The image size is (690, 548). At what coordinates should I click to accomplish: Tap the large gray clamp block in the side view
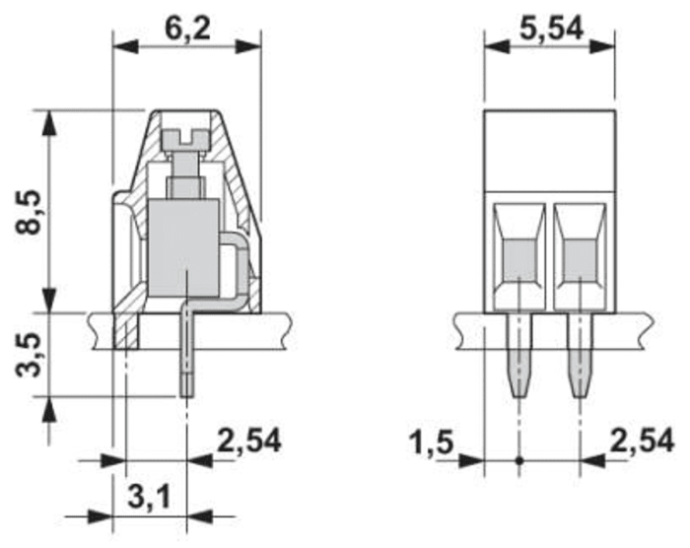click(181, 246)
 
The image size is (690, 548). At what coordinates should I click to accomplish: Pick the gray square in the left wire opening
click(519, 258)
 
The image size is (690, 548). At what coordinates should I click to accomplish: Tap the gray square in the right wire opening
click(578, 258)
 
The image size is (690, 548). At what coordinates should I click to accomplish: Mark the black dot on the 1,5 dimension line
click(519, 460)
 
